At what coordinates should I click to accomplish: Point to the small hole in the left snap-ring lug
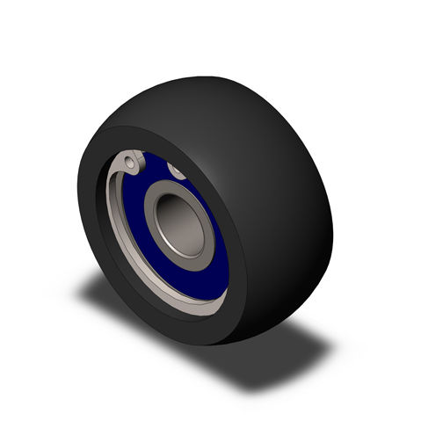130,162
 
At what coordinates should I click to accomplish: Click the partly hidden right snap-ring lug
176,169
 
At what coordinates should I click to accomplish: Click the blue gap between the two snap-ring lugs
154,165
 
